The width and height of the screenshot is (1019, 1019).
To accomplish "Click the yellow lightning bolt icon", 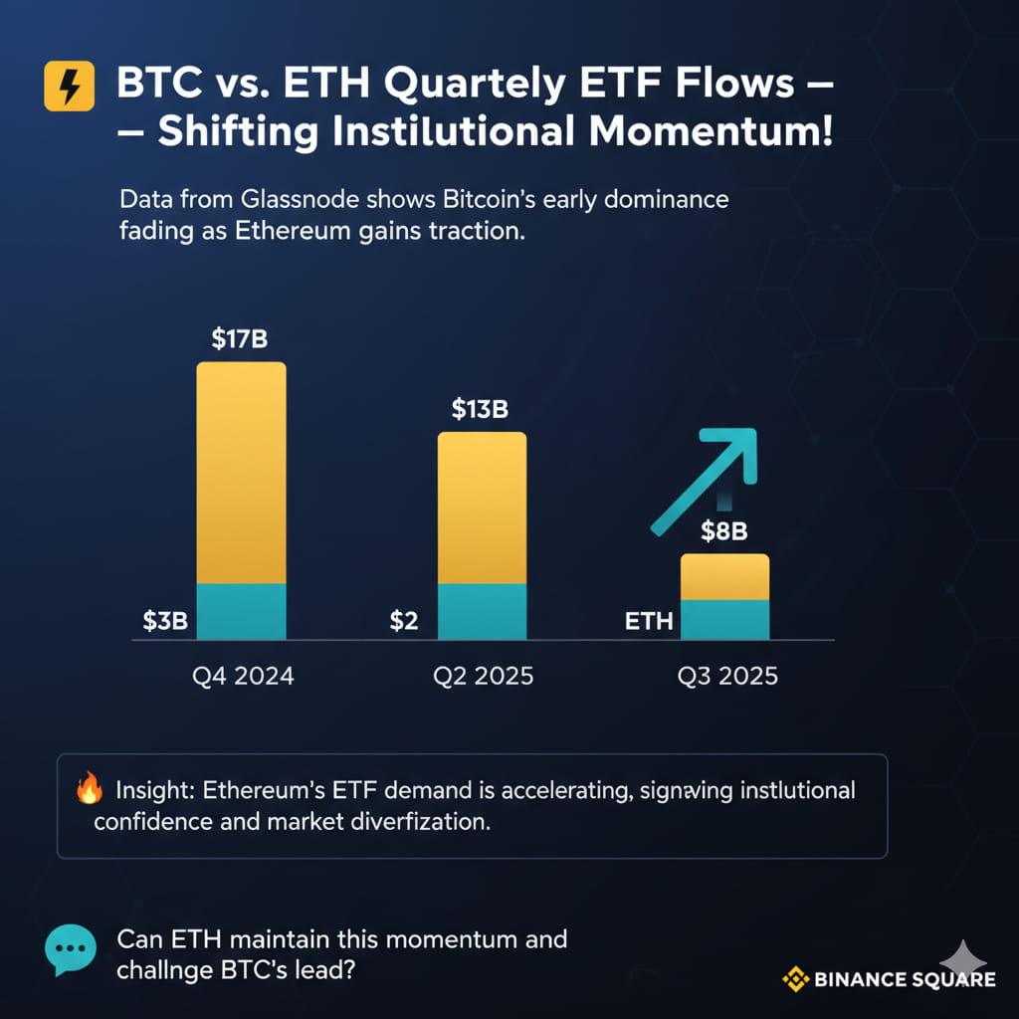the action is click(69, 86).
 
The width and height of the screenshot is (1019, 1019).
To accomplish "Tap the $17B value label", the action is click(239, 338).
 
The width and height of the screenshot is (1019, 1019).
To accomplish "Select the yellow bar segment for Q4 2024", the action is click(241, 473).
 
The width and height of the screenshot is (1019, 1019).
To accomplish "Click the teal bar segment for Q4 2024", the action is click(241, 612).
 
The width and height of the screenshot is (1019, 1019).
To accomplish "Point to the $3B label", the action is click(165, 621).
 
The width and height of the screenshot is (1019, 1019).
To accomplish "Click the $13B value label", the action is click(480, 409).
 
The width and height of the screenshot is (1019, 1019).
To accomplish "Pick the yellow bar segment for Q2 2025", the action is click(483, 508).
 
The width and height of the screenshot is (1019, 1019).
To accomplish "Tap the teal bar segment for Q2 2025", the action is click(483, 612).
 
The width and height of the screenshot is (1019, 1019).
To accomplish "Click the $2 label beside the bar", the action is click(404, 621).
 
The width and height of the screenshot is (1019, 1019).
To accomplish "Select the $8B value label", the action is click(724, 531).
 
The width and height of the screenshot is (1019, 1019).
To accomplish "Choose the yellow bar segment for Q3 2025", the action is click(725, 577).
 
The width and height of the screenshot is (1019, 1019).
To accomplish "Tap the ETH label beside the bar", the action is click(649, 621).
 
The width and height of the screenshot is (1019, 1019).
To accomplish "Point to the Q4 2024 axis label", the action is click(243, 676).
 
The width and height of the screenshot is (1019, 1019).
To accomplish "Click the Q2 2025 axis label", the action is click(483, 676).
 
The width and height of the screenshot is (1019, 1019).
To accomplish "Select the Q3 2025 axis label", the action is click(727, 676).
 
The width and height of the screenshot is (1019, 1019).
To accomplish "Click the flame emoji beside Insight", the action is click(89, 788).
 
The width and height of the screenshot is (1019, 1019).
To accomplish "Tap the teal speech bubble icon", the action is click(71, 949).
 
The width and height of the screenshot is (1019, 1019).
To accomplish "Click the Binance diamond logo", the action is click(795, 979).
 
